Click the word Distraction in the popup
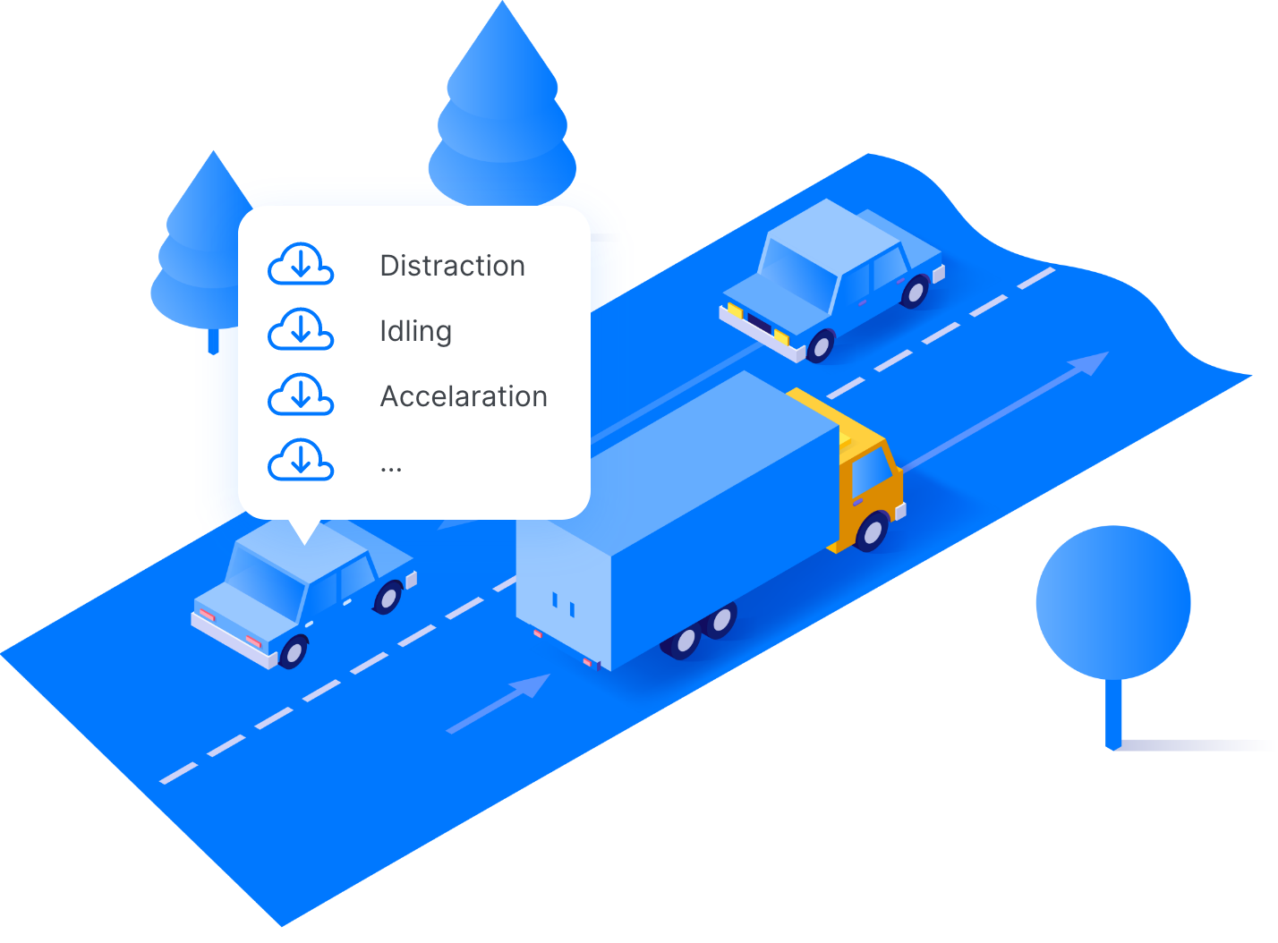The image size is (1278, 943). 452,266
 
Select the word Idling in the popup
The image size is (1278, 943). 415,331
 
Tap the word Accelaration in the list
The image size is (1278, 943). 464,396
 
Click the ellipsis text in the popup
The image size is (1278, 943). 391,467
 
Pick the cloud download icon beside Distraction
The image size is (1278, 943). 301,264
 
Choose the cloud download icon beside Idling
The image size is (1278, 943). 301,329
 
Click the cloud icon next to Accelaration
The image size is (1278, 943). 301,395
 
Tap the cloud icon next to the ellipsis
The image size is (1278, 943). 301,460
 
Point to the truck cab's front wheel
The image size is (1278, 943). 872,531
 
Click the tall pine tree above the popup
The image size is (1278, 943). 502,116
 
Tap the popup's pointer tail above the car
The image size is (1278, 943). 305,531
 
